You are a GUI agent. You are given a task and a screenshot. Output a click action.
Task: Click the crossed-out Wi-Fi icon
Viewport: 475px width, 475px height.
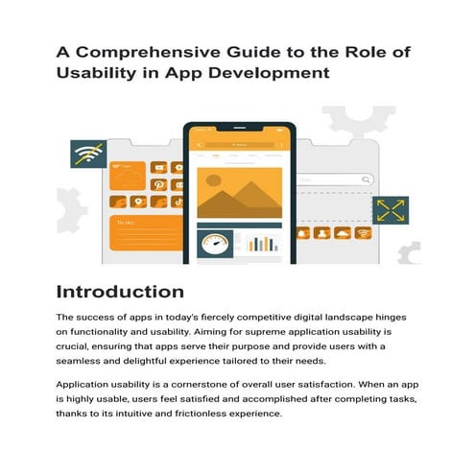tap(87, 153)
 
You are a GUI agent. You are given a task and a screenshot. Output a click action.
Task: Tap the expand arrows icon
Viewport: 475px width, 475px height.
tap(390, 211)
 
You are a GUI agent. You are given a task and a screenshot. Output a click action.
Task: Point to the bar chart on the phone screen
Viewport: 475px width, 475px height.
tap(260, 243)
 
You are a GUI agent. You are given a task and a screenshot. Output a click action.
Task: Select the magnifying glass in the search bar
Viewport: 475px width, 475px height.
tap(365, 178)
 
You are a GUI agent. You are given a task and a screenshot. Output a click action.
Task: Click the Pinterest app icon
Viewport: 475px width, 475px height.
tap(156, 183)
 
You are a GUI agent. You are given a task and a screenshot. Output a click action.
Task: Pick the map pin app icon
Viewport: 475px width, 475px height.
tap(138, 202)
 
